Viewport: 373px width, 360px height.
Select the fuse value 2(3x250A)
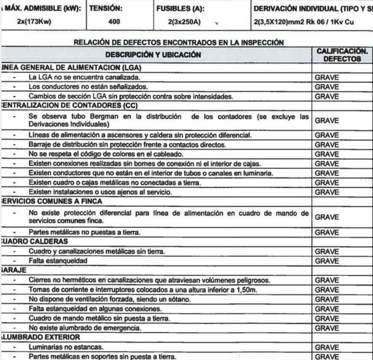tap(184, 22)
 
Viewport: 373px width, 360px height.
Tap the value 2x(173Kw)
tap(34, 22)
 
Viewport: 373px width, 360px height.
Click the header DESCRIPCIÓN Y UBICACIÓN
tap(153, 55)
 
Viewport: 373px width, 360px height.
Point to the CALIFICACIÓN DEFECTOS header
tap(342, 55)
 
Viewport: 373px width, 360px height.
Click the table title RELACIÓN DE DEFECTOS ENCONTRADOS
tap(179, 42)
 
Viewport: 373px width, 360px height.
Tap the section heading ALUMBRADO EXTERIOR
tap(41, 337)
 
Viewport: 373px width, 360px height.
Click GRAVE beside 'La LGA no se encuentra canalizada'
tap(326, 78)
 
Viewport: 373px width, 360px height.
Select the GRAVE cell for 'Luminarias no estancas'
tap(326, 347)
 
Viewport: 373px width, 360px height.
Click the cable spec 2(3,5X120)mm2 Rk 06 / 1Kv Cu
tap(303, 22)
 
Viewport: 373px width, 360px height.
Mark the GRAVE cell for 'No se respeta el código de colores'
tap(326, 154)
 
